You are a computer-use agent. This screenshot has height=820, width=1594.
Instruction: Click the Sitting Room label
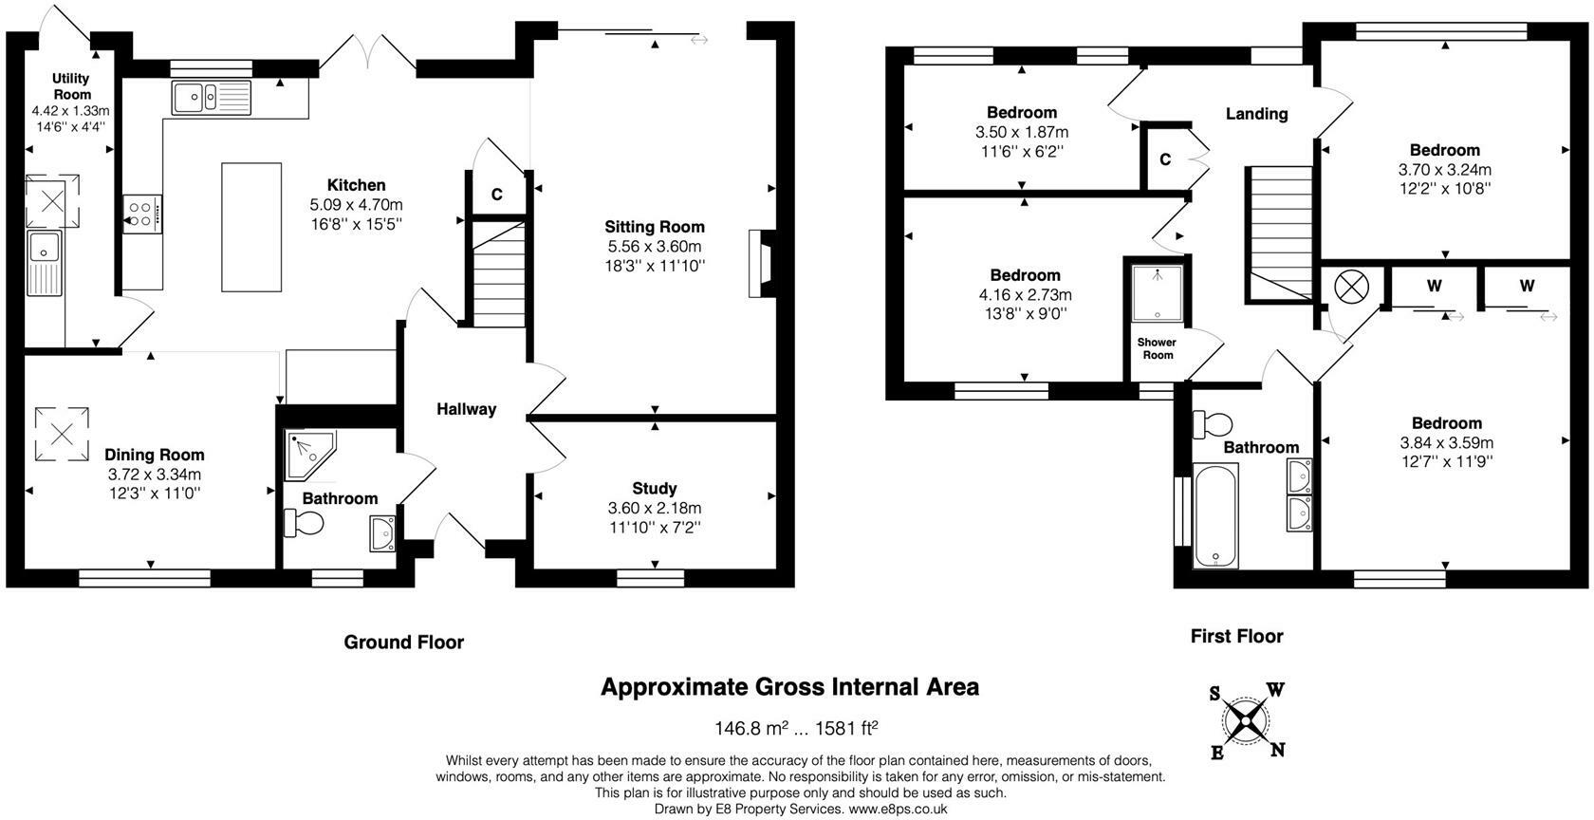pyautogui.click(x=655, y=227)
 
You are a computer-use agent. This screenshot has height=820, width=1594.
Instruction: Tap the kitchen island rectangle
pyautogui.click(x=251, y=227)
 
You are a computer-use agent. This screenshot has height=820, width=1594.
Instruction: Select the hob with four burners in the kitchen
pyautogui.click(x=142, y=214)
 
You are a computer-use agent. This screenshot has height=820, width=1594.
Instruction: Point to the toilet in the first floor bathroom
pyautogui.click(x=1213, y=425)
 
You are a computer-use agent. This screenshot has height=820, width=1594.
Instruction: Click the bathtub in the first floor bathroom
pyautogui.click(x=1215, y=516)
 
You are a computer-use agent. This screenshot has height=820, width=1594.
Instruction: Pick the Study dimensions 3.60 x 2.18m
pyautogui.click(x=655, y=509)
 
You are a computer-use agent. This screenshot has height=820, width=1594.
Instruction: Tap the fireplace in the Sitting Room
pyautogui.click(x=761, y=264)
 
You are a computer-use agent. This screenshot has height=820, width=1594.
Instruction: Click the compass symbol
pyautogui.click(x=1246, y=721)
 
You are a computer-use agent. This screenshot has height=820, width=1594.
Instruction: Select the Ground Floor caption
pyautogui.click(x=403, y=642)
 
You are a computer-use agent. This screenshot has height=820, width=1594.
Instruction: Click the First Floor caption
pyautogui.click(x=1237, y=636)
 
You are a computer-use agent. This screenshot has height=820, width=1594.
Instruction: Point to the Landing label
pyautogui.click(x=1256, y=114)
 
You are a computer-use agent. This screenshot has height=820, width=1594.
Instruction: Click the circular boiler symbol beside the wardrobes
pyautogui.click(x=1351, y=288)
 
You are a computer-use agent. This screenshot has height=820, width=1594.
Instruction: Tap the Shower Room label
pyautogui.click(x=1158, y=349)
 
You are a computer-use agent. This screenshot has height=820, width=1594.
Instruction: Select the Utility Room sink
pyautogui.click(x=45, y=263)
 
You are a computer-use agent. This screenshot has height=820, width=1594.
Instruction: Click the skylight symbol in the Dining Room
pyautogui.click(x=62, y=435)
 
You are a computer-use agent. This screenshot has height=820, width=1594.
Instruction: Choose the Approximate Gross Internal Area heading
pyautogui.click(x=789, y=687)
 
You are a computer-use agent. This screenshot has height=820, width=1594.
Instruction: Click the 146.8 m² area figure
pyautogui.click(x=751, y=728)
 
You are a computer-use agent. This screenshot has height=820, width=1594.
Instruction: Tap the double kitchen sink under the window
pyautogui.click(x=212, y=98)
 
